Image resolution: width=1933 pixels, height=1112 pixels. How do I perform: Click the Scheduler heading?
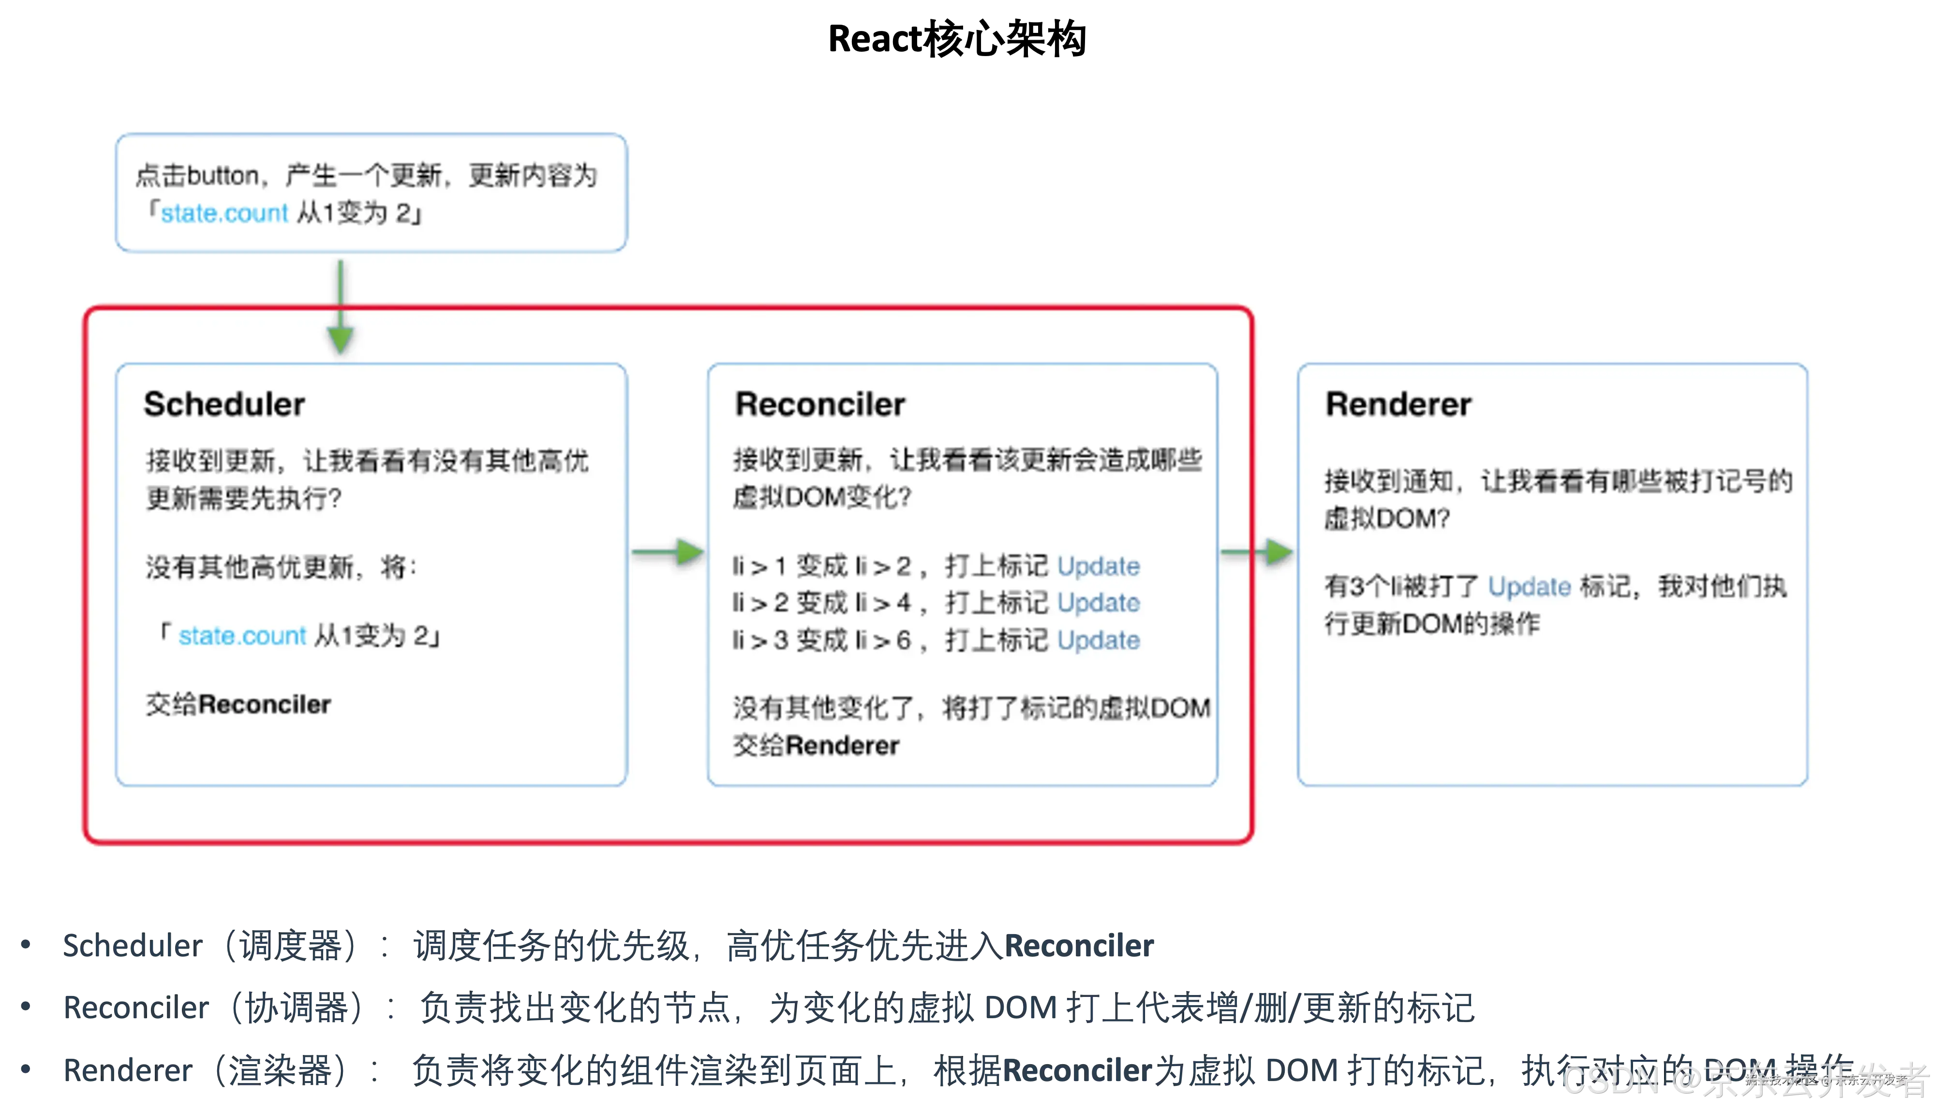pyautogui.click(x=224, y=404)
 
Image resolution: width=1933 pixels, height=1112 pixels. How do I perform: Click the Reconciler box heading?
pyautogui.click(x=820, y=404)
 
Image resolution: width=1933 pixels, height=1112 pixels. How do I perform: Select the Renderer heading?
pyautogui.click(x=1398, y=404)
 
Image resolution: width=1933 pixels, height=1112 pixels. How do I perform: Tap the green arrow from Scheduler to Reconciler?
pyautogui.click(x=669, y=552)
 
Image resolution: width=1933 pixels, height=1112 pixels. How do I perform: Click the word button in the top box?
pyautogui.click(x=223, y=176)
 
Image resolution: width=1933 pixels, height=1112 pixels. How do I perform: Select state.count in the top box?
pyautogui.click(x=224, y=213)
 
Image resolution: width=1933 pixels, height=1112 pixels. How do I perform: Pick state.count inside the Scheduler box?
pyautogui.click(x=242, y=635)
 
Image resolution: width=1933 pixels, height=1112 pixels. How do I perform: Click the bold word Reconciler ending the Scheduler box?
pyautogui.click(x=264, y=704)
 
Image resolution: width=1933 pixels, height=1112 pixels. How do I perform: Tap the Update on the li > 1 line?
pyautogui.click(x=1098, y=566)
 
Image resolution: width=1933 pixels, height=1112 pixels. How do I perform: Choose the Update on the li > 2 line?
pyautogui.click(x=1098, y=602)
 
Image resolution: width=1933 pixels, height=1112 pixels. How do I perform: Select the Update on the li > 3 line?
pyautogui.click(x=1098, y=640)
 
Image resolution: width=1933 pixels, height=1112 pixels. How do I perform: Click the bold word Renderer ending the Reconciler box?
pyautogui.click(x=842, y=746)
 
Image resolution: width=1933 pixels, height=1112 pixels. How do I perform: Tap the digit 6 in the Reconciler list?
pyautogui.click(x=904, y=640)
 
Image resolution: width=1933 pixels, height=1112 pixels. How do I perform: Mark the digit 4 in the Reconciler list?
pyautogui.click(x=904, y=602)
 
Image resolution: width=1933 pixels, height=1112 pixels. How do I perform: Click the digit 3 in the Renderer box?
pyautogui.click(x=1357, y=586)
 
